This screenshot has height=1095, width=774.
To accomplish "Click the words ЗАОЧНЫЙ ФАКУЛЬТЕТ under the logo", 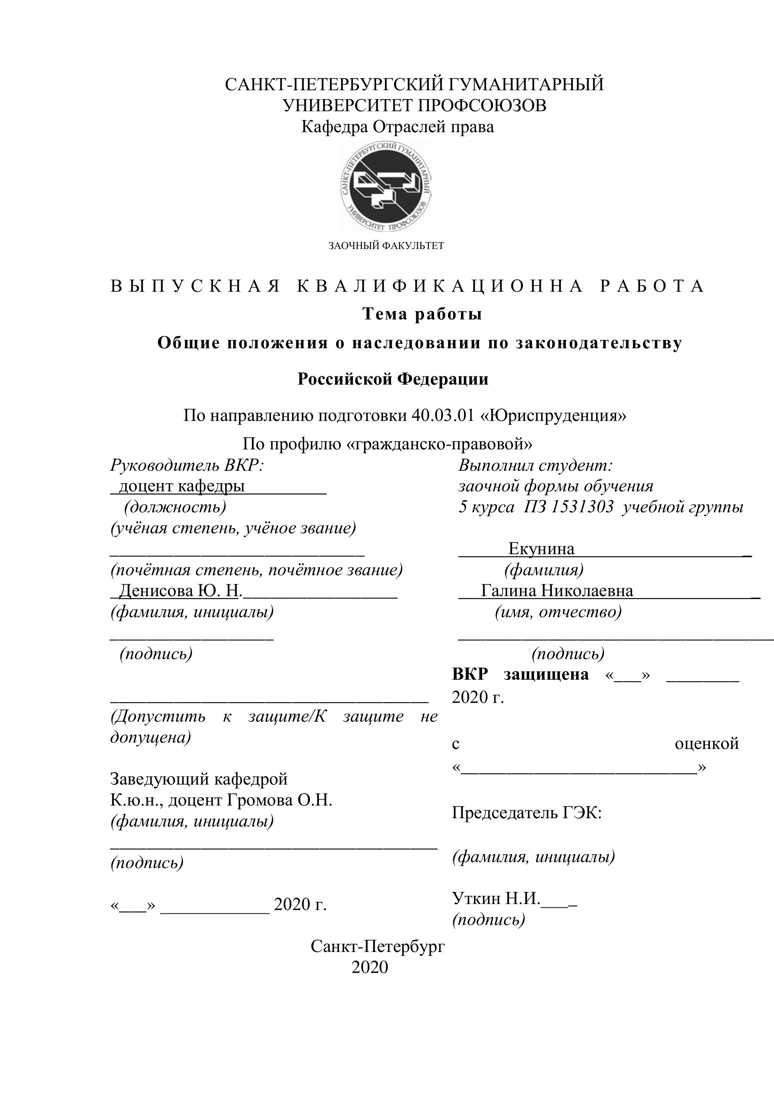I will pyautogui.click(x=386, y=246).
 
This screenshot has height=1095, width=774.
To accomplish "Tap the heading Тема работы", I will pyautogui.click(x=422, y=314).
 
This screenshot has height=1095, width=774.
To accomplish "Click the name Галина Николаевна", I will pyautogui.click(x=557, y=591).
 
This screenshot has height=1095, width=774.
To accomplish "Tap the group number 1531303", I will pyautogui.click(x=582, y=506).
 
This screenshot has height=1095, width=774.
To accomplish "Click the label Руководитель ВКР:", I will pyautogui.click(x=187, y=465).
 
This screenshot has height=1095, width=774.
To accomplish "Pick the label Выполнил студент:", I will pyautogui.click(x=535, y=465).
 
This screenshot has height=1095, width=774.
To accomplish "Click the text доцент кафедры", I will pyautogui.click(x=182, y=486).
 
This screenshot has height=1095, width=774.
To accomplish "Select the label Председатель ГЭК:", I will pyautogui.click(x=527, y=813).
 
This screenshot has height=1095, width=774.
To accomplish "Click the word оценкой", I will pyautogui.click(x=706, y=743).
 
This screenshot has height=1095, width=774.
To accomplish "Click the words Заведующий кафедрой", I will pyautogui.click(x=199, y=779).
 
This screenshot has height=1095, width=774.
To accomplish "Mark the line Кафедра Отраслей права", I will pyautogui.click(x=397, y=127).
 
